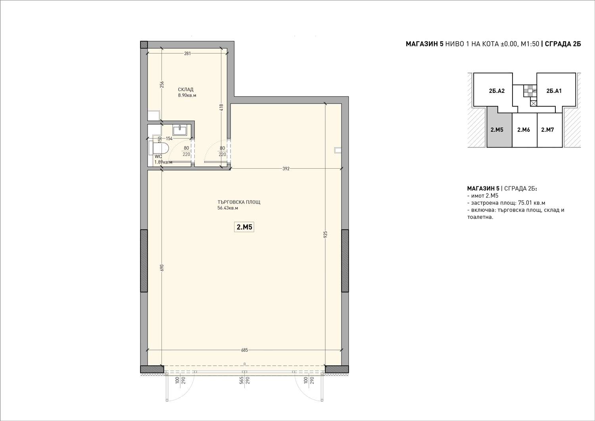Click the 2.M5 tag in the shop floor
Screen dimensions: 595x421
[244, 227]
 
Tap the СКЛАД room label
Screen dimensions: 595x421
[186, 90]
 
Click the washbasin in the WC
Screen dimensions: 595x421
[180, 131]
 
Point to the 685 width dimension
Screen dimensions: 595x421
[244, 350]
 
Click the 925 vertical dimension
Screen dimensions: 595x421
[326, 235]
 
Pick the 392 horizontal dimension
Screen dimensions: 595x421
[286, 169]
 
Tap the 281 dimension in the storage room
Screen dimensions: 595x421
[187, 54]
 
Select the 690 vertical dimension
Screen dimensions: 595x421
[162, 268]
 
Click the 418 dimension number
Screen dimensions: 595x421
[221, 108]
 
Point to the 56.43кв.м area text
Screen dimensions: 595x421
[228, 208]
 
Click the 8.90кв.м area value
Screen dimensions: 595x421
[187, 95]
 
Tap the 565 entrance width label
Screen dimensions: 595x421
[242, 381]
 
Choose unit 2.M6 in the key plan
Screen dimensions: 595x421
[524, 130]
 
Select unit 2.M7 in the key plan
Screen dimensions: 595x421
[547, 130]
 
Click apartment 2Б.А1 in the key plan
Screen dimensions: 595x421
[554, 91]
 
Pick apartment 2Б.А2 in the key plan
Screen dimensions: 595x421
[497, 91]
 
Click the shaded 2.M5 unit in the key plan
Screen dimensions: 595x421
[499, 130]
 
